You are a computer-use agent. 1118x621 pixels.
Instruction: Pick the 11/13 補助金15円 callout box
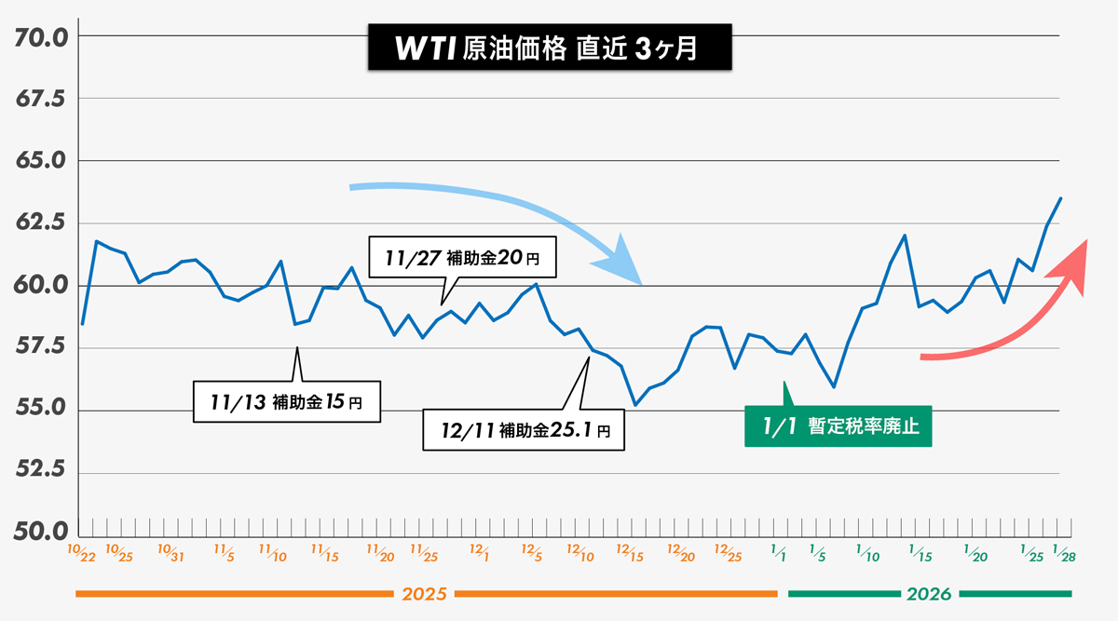point(288,402)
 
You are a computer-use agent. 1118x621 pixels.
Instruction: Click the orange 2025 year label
point(424,594)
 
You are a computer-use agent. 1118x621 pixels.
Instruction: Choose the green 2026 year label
point(928,594)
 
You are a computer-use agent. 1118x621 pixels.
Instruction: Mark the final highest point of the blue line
point(1061,198)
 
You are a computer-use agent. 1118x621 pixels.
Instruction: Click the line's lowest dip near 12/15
point(634,405)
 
